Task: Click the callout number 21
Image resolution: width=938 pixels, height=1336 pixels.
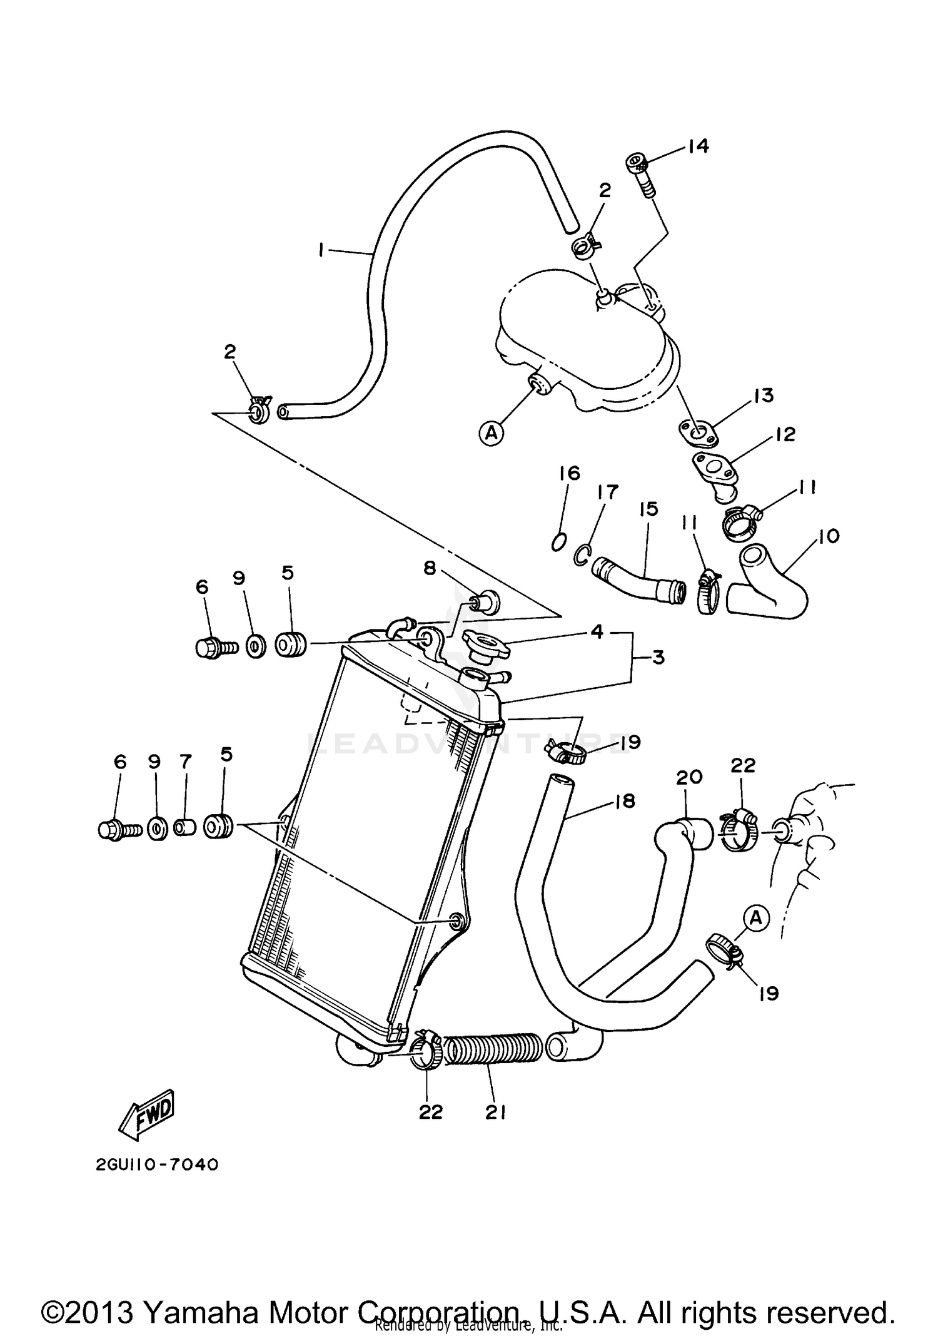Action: point(495,1111)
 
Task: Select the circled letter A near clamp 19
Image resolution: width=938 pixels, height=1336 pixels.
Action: point(756,918)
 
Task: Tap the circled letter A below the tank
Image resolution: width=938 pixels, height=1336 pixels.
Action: point(492,432)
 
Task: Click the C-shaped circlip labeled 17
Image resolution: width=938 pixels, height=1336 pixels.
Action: point(582,554)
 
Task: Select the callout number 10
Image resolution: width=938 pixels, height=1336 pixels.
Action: point(829,536)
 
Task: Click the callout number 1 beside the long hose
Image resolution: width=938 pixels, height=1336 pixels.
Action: point(321,251)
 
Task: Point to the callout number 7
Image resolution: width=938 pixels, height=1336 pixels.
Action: point(185,762)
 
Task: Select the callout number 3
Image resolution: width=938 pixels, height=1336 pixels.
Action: point(658,658)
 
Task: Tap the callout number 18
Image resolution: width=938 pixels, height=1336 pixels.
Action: point(624,801)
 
